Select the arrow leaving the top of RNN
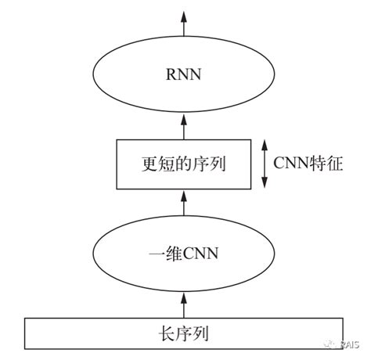[185, 23]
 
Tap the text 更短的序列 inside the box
[185, 165]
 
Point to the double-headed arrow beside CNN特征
[265, 165]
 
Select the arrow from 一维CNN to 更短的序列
[185, 204]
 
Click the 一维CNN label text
[185, 254]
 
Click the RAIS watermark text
[351, 344]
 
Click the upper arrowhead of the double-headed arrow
[265, 144]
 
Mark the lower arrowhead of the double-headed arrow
[265, 185]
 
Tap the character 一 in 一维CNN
[155, 254]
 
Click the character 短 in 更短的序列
[167, 165]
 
